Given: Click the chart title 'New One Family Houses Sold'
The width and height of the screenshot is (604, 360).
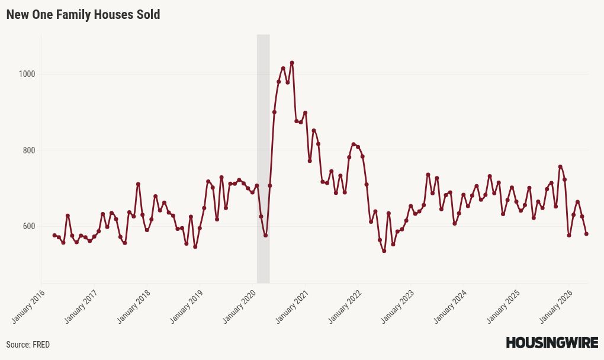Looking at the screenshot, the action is point(83,15).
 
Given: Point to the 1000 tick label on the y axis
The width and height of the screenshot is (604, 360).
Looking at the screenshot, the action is point(27,74).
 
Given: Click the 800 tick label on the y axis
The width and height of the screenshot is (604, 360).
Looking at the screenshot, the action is point(28,150).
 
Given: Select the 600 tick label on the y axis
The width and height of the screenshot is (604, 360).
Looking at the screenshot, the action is point(28,226).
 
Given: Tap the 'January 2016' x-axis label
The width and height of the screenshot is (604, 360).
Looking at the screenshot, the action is point(28,307).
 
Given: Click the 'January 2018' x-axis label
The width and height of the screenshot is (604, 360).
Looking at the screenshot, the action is point(134,307).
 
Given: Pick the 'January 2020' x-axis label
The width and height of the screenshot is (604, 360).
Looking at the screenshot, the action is point(239,307).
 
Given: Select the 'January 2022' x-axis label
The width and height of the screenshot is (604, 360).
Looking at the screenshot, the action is point(345,307).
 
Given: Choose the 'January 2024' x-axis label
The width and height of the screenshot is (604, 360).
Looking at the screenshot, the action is point(450,307).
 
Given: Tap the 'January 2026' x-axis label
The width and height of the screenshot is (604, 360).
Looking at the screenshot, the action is point(556,307).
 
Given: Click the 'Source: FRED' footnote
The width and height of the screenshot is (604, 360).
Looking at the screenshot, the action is point(28,344).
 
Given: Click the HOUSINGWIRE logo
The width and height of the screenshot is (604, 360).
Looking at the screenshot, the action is point(552,342).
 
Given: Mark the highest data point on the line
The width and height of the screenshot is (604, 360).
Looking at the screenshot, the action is point(292,63).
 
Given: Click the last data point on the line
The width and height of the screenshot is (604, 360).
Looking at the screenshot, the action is point(586,234).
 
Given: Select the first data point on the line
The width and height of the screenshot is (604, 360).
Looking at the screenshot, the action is point(54,235).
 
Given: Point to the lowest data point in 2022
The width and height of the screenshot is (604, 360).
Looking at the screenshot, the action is point(384,251).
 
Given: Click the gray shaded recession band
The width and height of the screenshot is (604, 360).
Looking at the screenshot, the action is point(264,159).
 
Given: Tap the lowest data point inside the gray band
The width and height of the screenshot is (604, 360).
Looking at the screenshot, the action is point(265,235).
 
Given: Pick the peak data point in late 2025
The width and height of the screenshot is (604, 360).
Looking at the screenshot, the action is point(560,167).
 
